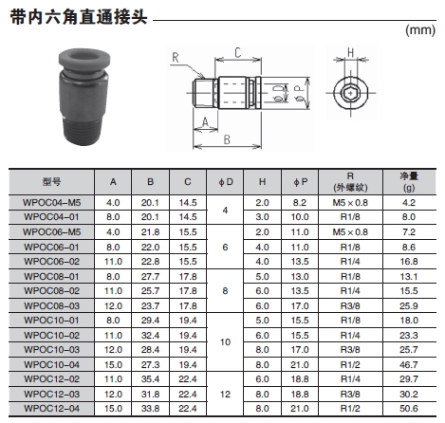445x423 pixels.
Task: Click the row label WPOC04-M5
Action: pos(52,202)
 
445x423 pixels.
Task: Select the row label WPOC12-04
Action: pos(52,409)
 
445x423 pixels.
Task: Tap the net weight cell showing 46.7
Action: pos(409,364)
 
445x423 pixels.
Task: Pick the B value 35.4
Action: pos(150,379)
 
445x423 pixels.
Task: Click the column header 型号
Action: pos(51,182)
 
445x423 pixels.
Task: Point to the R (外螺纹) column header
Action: pos(350,182)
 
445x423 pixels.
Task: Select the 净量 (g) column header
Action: pos(409,182)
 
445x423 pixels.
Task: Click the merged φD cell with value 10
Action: pos(225,342)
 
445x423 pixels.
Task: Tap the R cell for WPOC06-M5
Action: pos(350,232)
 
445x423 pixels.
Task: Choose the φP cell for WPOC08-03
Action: pos(300,305)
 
